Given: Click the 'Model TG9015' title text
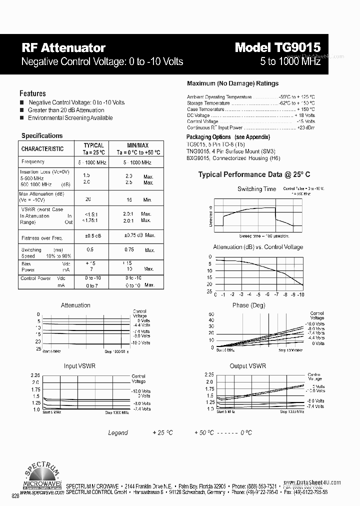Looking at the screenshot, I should pos(277,47).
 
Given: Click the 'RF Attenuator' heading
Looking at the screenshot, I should pos(63,48).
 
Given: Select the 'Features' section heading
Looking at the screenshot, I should pos(32,93).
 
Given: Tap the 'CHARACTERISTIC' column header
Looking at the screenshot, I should pos(42,148).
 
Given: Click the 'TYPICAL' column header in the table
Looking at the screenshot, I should pos(93,145).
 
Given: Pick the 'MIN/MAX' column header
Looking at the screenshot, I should pos(138,145).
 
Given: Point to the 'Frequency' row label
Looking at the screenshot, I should pos(33,161).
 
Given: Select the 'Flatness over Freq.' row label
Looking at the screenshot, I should pos(42,238).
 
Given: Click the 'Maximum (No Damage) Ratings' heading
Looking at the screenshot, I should pos(232,83).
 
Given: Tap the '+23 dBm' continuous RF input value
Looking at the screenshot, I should pos(306,127).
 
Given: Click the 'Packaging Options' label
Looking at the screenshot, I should pos(208,137).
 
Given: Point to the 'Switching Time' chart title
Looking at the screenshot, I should pos(256,189).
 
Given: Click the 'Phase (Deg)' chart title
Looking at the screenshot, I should pos(248,305).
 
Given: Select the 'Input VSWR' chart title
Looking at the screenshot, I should pos(79,366).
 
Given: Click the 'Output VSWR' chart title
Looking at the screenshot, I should pos(247,366).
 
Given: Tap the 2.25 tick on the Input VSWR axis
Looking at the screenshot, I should pos(35,375).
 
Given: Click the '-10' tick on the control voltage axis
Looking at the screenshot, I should pos(300,295).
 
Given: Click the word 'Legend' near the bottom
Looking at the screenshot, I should pos(118,432).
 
